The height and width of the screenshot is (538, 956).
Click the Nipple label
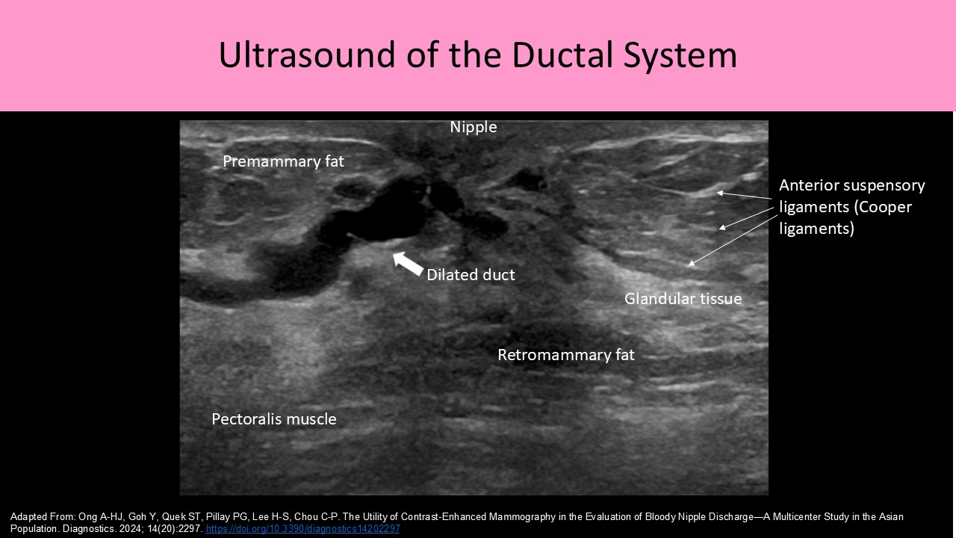[473, 128]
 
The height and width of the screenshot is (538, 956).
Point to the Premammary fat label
[283, 161]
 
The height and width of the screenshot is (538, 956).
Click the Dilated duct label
[471, 275]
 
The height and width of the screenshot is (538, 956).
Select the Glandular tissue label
[683, 299]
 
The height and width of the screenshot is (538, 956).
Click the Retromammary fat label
[566, 355]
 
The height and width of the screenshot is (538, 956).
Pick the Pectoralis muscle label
[274, 419]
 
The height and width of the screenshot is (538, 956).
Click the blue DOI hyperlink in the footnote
[302, 529]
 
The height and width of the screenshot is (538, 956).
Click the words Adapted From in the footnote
[37, 517]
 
